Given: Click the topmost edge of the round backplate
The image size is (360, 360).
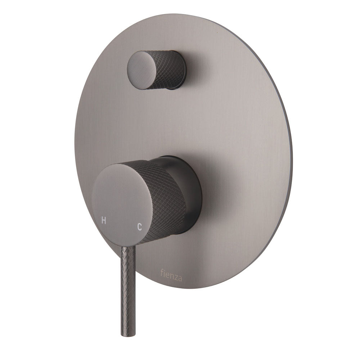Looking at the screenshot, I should pyautogui.click(x=202, y=15).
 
